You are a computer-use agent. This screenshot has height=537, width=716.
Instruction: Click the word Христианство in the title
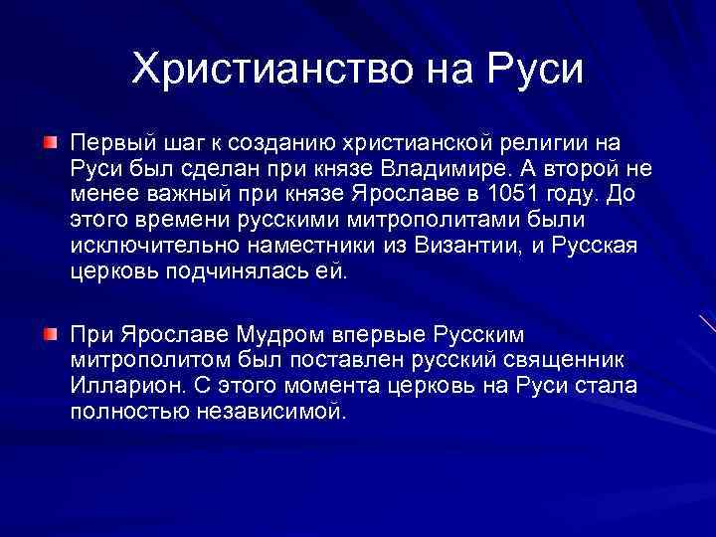click(x=258, y=69)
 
